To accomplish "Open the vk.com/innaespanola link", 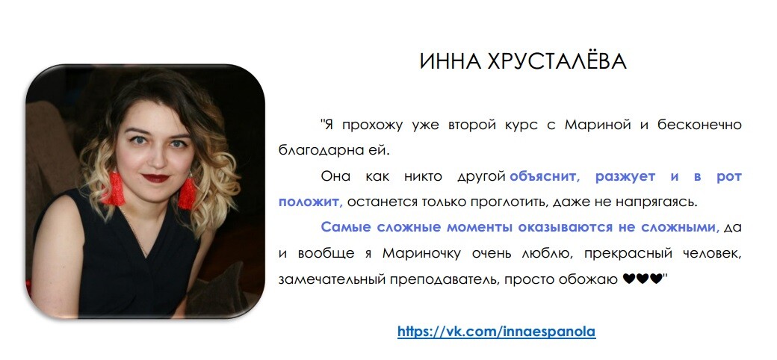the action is click(497, 332).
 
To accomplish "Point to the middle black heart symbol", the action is click(643, 279).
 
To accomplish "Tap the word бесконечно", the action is click(700, 125).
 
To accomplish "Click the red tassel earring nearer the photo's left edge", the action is click(114, 188).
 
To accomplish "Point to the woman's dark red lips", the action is click(155, 178).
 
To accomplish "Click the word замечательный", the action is click(332, 280).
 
